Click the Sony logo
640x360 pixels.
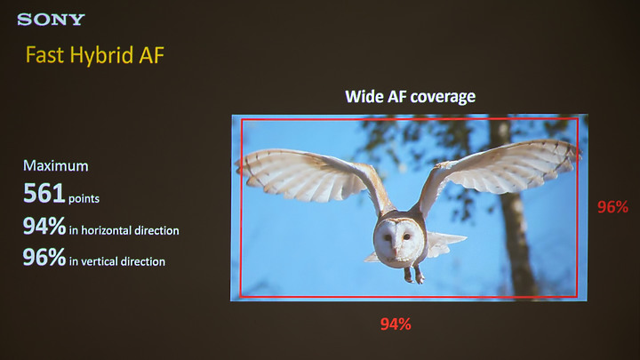click(51, 20)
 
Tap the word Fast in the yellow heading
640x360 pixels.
click(45, 55)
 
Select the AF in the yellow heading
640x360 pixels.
click(151, 55)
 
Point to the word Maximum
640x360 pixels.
click(56, 165)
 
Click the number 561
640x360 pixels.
click(44, 193)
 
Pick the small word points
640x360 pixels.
click(84, 199)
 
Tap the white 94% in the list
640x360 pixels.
click(44, 226)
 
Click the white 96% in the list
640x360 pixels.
click(44, 257)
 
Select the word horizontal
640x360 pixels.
click(106, 230)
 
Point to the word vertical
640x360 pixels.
click(99, 261)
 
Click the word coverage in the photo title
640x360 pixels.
click(443, 97)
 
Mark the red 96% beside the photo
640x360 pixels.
click(612, 207)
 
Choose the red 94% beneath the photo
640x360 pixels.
click(396, 324)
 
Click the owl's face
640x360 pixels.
click(395, 242)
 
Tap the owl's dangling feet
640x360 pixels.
click(414, 276)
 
